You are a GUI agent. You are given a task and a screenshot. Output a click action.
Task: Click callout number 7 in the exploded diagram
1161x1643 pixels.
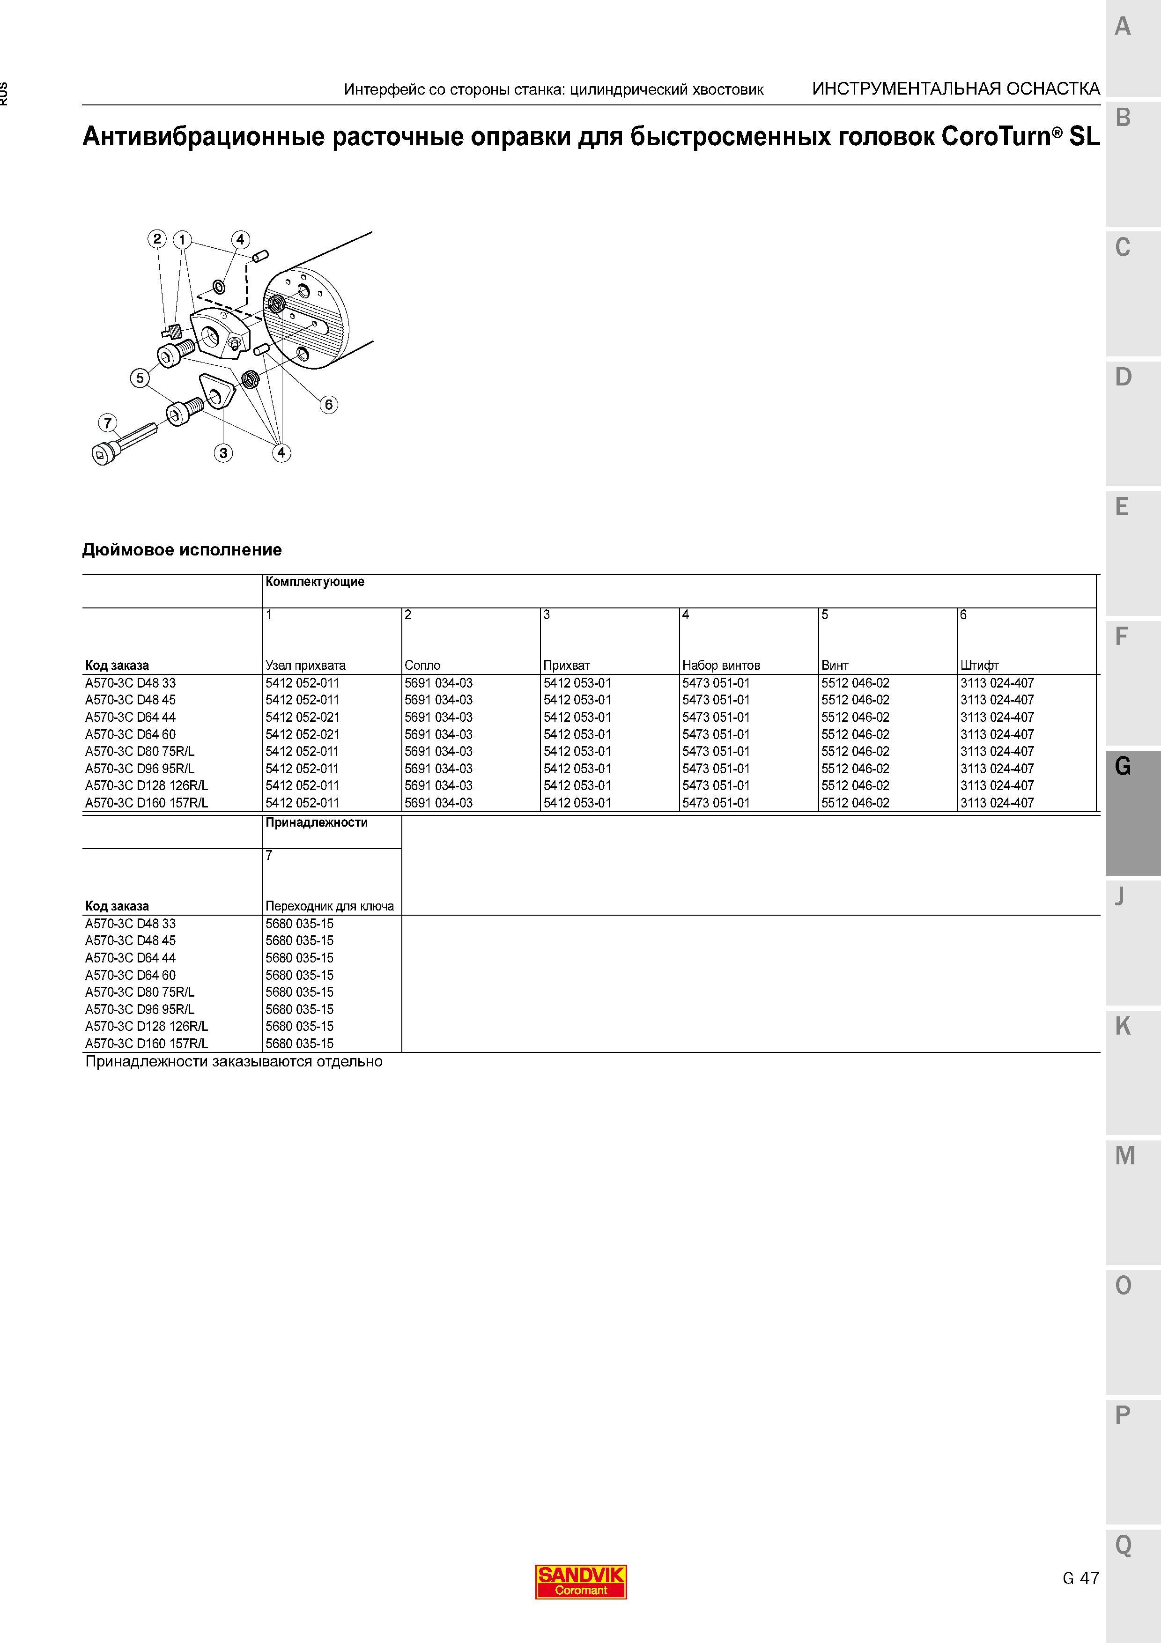point(108,423)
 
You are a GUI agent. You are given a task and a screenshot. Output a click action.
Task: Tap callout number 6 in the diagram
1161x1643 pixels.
point(328,404)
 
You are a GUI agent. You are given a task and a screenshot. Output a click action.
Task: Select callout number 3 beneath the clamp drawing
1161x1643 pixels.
point(223,452)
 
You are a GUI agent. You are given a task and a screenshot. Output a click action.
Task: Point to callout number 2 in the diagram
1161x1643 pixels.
point(157,239)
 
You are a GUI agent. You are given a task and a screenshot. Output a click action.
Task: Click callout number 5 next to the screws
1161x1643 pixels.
point(140,378)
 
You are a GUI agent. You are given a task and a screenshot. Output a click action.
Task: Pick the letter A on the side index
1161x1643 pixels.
point(1123,27)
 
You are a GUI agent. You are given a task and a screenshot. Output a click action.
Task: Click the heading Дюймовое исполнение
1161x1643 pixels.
point(182,549)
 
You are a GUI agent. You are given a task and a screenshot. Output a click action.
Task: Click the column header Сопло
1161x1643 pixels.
point(422,665)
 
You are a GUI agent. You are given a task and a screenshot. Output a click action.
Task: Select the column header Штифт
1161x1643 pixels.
point(979,665)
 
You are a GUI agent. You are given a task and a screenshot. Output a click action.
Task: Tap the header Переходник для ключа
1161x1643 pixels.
point(330,906)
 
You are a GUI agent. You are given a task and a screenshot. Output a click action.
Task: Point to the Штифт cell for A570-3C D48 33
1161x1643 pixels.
point(997,683)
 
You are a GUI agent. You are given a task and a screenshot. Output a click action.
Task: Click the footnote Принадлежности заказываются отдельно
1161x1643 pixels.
point(234,1061)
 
